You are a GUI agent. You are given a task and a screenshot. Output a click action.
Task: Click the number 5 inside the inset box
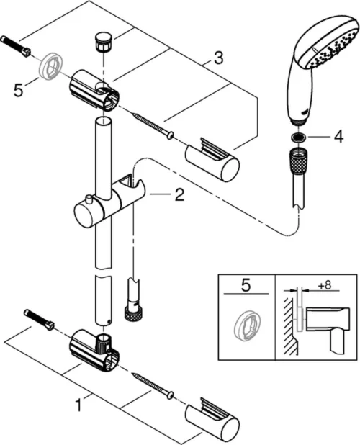(246, 287)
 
